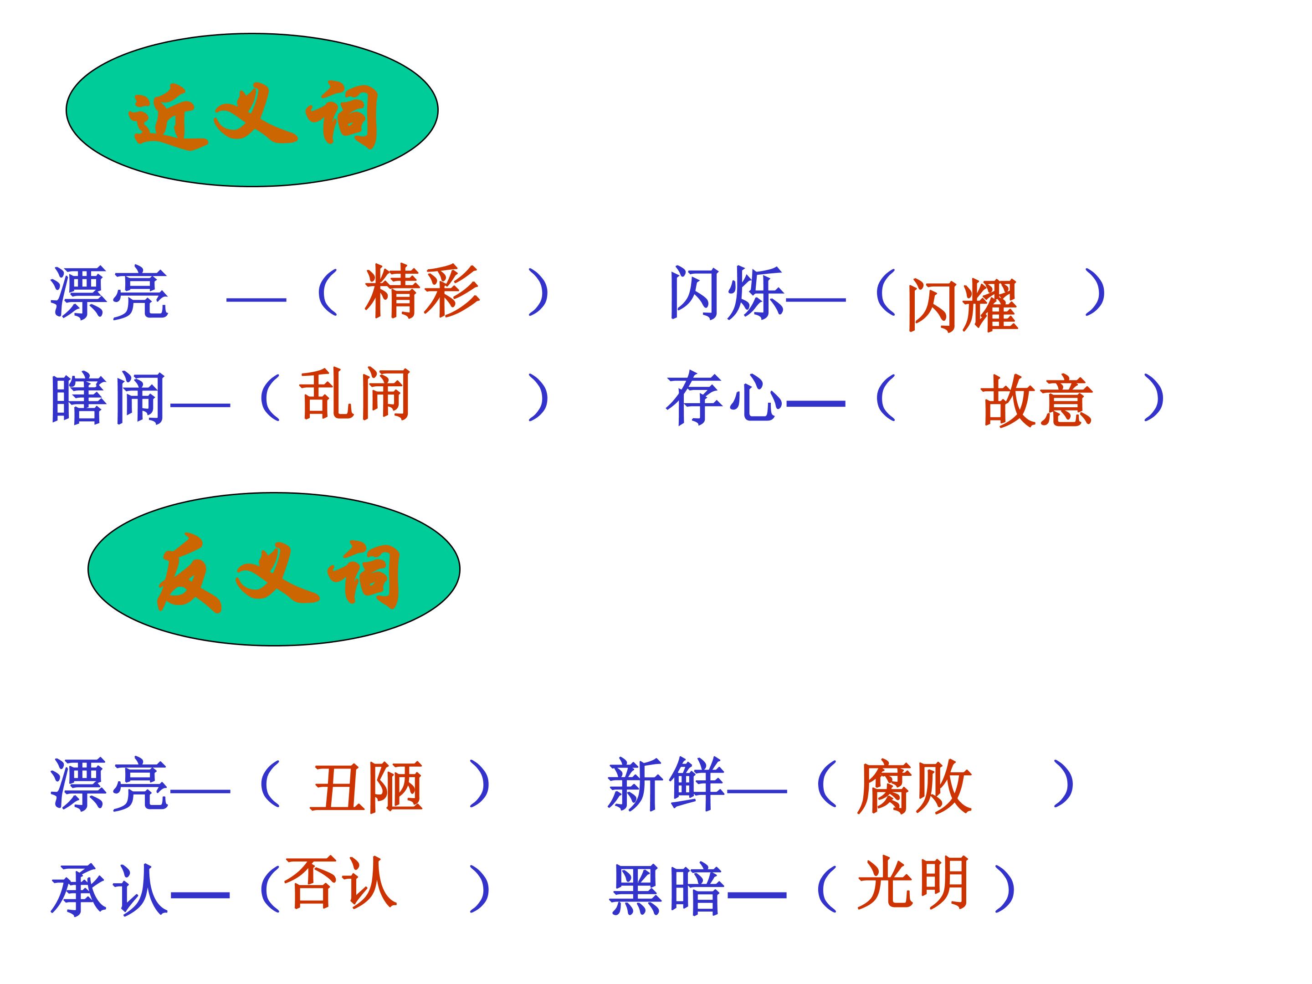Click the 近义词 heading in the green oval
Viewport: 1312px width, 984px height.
pos(253,114)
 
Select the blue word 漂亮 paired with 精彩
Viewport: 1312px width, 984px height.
pos(110,293)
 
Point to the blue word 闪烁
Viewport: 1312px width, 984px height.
pos(727,292)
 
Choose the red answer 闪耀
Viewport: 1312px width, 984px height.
pos(962,305)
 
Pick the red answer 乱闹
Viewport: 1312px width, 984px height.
pos(355,394)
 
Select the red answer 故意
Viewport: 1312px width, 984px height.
pos(1037,400)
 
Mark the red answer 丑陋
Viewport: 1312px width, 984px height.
pos(366,787)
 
